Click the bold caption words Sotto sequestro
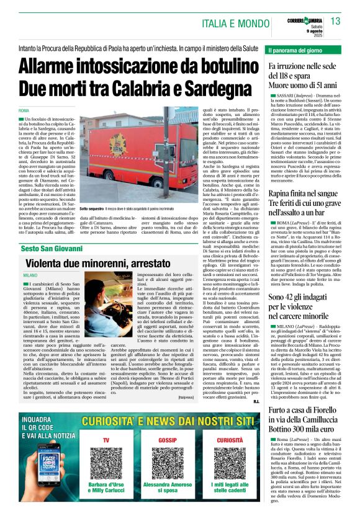point(92,210)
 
